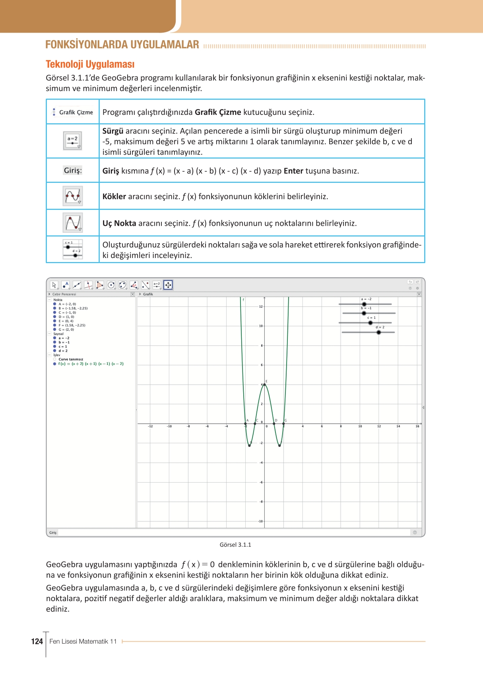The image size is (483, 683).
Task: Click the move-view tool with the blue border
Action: click(x=168, y=285)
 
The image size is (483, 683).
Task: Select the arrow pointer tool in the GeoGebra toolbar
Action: click(x=54, y=285)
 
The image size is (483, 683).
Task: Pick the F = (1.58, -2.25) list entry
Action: click(x=72, y=325)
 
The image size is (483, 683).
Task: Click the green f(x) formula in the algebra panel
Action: click(x=91, y=364)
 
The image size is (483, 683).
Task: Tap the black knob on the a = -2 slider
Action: click(x=364, y=304)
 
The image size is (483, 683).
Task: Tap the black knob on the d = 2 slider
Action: click(x=379, y=332)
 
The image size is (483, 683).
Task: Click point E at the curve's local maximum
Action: click(x=264, y=384)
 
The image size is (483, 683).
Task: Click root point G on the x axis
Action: click(x=283, y=424)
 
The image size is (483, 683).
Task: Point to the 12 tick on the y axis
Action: click(x=261, y=307)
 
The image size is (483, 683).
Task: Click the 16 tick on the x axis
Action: click(x=417, y=426)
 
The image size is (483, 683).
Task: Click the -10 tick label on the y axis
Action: click(x=260, y=521)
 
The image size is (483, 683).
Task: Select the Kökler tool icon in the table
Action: click(x=73, y=196)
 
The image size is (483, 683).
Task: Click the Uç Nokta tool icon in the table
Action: click(x=73, y=223)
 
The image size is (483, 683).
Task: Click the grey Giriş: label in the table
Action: click(x=73, y=171)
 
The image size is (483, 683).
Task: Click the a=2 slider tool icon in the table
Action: click(x=73, y=141)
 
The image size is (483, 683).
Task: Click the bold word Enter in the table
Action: click(x=293, y=171)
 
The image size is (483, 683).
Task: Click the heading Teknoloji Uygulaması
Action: click(x=90, y=64)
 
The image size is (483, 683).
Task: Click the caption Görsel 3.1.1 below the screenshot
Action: click(x=235, y=545)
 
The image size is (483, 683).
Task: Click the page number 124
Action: click(x=37, y=641)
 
